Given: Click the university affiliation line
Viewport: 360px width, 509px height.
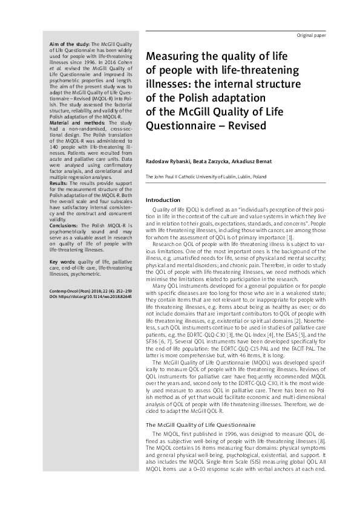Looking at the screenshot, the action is (x=206, y=177).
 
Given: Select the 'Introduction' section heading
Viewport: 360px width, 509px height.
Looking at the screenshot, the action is (x=163, y=200).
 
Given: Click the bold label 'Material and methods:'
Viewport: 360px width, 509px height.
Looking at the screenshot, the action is (x=67, y=123).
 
